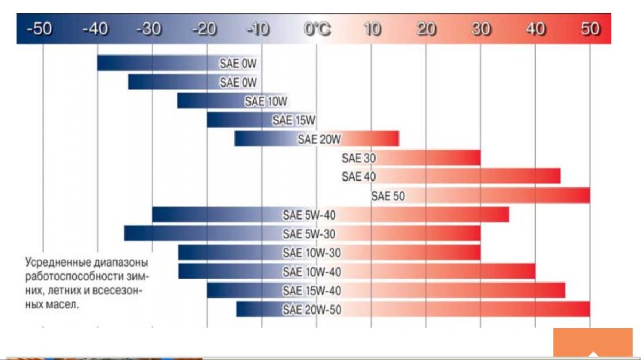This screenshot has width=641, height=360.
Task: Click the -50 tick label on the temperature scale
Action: click(x=40, y=29)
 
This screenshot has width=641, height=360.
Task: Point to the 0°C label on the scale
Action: click(x=317, y=29)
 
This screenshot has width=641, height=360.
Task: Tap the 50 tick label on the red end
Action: click(x=590, y=29)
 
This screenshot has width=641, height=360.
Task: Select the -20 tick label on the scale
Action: click(x=206, y=29)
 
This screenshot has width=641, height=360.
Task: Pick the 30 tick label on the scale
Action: click(x=481, y=29)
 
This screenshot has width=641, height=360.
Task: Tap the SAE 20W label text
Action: click(x=319, y=139)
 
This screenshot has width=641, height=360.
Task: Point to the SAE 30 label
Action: click(x=359, y=158)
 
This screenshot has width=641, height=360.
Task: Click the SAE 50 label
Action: click(x=388, y=196)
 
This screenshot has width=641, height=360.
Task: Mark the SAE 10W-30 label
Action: click(x=312, y=253)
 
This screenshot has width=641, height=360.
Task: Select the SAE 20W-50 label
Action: click(x=312, y=310)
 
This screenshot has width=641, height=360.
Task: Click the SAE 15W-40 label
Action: click(x=312, y=291)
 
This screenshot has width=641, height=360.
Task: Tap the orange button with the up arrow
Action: click(x=585, y=343)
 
